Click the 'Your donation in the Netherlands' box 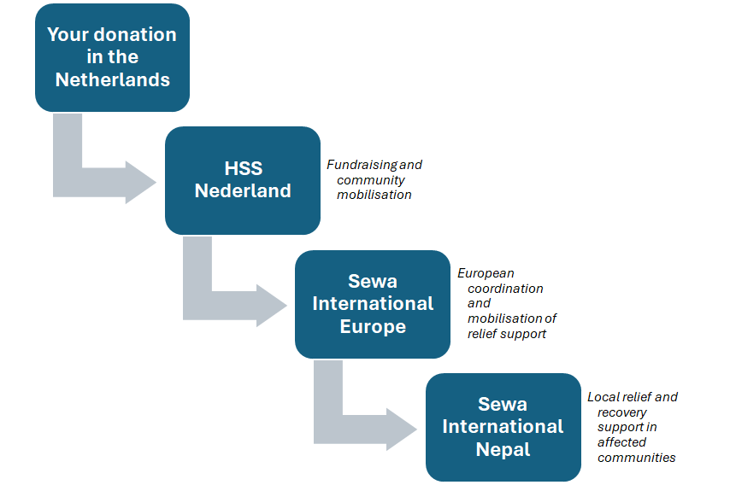pos(112,58)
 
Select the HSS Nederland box pos(243,180)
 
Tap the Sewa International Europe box pos(373,304)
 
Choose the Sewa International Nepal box pos(503,427)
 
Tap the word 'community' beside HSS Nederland pos(371,180)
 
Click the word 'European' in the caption pos(486,273)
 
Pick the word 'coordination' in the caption pos(505,289)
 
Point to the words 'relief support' pos(507,334)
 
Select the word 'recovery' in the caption pos(622,412)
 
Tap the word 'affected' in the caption pos(621,441)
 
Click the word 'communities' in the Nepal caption pos(637,458)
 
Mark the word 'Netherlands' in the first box pos(113,79)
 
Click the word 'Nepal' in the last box pos(503,449)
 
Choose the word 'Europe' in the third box pos(373,326)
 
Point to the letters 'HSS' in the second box pos(243,168)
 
